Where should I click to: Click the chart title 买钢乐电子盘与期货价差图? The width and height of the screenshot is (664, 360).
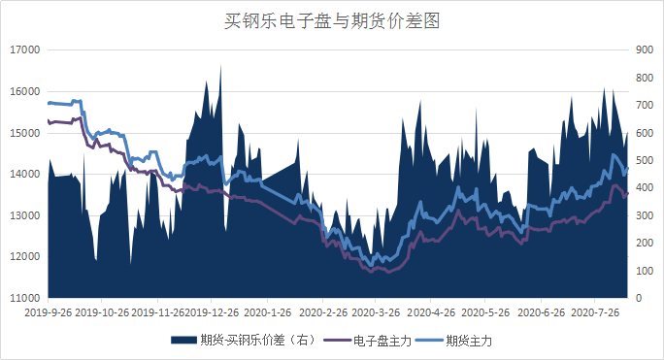[332, 20]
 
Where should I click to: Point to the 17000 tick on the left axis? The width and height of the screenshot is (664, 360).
[22, 49]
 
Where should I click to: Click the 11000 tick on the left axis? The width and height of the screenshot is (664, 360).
[22, 297]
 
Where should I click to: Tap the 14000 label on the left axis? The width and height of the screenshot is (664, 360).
[22, 174]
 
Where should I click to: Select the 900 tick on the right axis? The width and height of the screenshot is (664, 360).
[645, 49]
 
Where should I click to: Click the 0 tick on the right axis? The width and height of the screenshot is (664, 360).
[638, 297]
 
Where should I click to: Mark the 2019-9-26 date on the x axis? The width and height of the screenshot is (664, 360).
[49, 313]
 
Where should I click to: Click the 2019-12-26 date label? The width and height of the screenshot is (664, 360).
[213, 313]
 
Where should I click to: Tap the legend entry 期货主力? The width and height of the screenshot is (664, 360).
[473, 340]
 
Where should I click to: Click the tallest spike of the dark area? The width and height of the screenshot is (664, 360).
[220, 66]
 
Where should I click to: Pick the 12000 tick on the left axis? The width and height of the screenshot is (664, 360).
[22, 256]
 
